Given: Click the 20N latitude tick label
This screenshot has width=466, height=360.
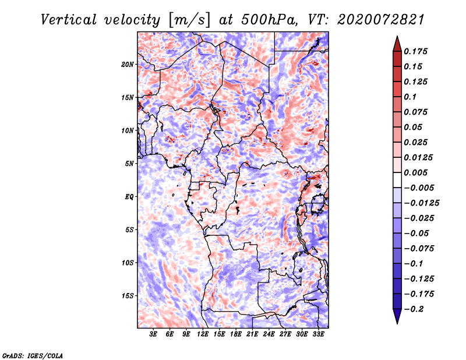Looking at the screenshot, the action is click(x=128, y=65).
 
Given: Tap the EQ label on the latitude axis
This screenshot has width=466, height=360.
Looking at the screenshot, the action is click(x=129, y=197).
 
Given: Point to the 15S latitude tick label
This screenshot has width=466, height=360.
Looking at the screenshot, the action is click(x=128, y=296).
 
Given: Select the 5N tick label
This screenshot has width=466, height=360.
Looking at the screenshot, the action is click(x=129, y=164).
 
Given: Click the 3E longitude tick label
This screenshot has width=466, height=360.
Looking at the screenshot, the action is click(x=153, y=334).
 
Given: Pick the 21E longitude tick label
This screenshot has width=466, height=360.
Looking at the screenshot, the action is click(x=252, y=334).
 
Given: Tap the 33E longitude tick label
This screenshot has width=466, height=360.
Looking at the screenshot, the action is click(x=318, y=334).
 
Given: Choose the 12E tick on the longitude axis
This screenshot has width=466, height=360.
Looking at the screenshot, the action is click(x=203, y=334).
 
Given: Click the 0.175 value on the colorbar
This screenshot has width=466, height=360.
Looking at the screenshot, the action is click(x=415, y=51).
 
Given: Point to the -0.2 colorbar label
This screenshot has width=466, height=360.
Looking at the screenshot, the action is click(x=414, y=309).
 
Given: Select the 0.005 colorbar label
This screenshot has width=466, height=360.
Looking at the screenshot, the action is click(x=415, y=172).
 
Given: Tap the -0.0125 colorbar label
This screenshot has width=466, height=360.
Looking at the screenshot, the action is click(x=421, y=203).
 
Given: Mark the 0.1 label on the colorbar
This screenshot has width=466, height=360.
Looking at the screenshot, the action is click(x=410, y=97).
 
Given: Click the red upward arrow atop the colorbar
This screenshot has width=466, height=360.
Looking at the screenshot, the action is click(x=397, y=44).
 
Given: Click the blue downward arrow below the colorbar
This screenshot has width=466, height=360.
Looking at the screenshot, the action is click(x=397, y=316).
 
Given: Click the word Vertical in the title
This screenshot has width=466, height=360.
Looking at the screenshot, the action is click(x=69, y=20).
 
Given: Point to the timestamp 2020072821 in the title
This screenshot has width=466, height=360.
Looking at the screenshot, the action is click(x=381, y=20).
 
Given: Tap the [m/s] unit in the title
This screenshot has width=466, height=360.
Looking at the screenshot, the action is click(x=189, y=20).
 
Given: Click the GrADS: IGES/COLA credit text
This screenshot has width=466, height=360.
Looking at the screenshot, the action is click(x=33, y=355).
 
